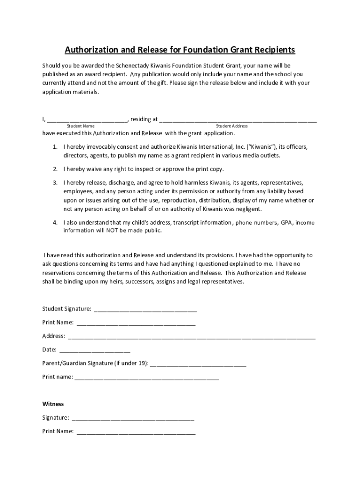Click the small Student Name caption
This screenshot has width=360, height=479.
point(80,126)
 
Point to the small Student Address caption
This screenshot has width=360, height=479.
point(232,126)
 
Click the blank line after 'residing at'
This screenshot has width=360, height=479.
point(238,120)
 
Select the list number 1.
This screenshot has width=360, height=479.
point(55,147)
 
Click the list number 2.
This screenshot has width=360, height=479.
point(55,169)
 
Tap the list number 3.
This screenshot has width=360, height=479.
point(55,182)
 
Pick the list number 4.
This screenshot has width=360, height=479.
point(55,223)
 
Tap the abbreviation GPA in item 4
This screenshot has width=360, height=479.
point(286,223)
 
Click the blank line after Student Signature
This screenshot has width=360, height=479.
point(145,310)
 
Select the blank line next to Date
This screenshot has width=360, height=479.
point(95,350)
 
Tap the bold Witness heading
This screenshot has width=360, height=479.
point(53,404)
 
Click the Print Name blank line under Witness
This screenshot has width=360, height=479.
point(136,432)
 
